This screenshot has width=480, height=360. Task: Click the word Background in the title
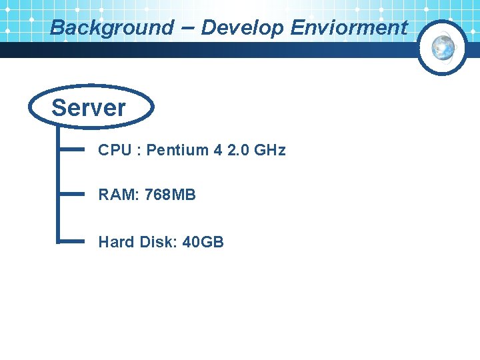tap(111, 28)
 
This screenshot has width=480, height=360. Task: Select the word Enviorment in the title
tap(349, 28)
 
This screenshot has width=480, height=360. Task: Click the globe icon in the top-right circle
tap(443, 47)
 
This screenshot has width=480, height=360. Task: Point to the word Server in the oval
tap(89, 107)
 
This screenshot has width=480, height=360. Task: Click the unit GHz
tap(270, 150)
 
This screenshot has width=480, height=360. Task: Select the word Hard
tap(116, 241)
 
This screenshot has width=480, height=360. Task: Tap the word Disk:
tap(157, 241)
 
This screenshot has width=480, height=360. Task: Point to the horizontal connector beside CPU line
tap(72, 148)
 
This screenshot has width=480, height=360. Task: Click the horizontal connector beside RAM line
tap(72, 193)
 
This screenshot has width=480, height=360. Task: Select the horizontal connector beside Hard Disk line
tap(72, 240)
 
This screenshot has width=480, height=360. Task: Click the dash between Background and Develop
tap(187, 27)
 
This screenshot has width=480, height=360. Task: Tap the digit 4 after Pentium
tap(218, 150)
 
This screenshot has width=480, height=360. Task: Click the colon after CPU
tap(138, 151)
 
